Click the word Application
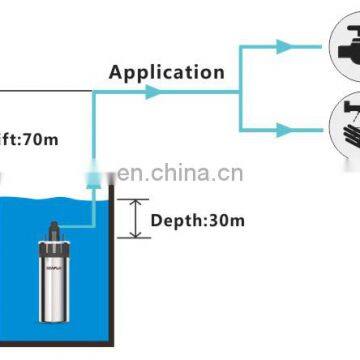click(x=165, y=71)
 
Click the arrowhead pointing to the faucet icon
click(x=286, y=45)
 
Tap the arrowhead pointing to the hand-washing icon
click(x=286, y=127)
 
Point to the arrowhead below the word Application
click(x=152, y=92)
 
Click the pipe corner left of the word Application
click(x=93, y=92)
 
